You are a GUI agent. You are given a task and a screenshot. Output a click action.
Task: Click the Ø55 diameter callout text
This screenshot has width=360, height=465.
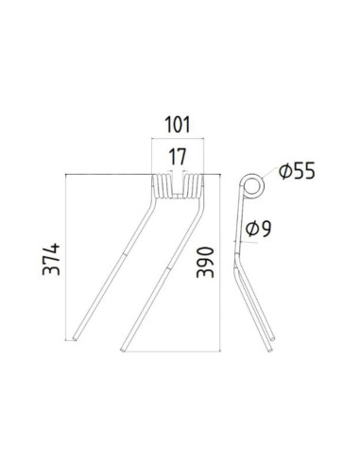tap(296, 171)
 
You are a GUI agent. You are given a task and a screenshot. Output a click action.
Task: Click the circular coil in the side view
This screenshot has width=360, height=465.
tap(250, 185)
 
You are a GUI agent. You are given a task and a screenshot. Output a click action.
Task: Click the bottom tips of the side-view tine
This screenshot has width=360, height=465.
tap(273, 344)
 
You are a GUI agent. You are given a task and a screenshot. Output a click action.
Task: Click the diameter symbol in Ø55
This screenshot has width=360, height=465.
tap(283, 171)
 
